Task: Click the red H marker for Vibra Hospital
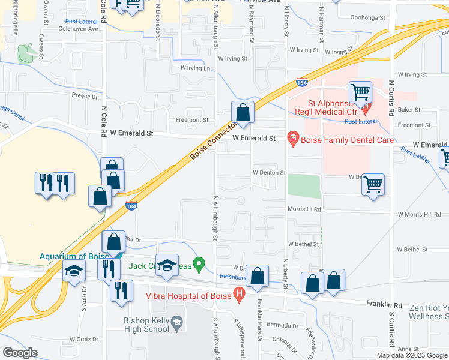[x=240, y=295]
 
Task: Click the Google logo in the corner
[x=20, y=353]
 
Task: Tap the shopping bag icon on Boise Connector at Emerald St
[x=243, y=112]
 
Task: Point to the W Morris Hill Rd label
[x=420, y=214]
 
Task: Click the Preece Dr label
[x=85, y=95]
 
